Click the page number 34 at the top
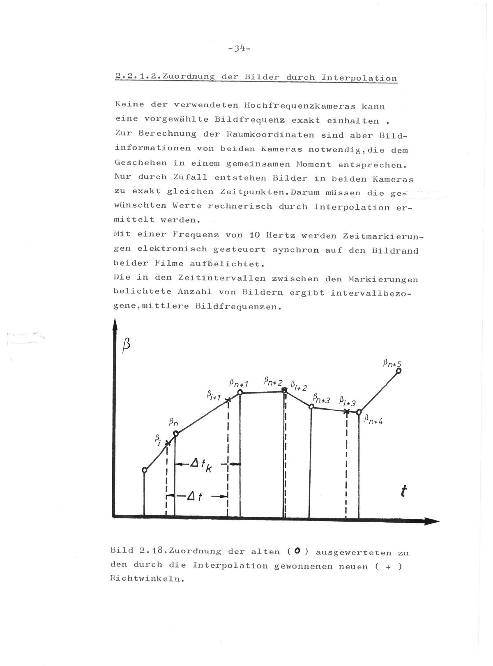pos(238,49)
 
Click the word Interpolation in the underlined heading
pos(359,78)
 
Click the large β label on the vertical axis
pos(127,345)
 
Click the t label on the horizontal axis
pos(405,491)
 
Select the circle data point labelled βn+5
pos(398,371)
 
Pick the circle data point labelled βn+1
pos(240,393)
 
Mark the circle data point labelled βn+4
pos(359,412)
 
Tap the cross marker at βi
pos(167,443)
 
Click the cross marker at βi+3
pos(347,411)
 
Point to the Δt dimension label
pos(194,497)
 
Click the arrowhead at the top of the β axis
pos(115,325)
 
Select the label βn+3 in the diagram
pos(321,398)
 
